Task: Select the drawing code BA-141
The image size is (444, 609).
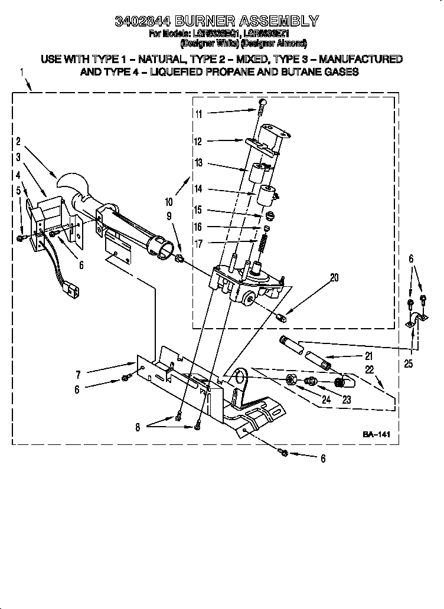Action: click(377, 434)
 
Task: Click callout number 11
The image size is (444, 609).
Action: click(198, 114)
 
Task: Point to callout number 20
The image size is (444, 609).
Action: click(334, 278)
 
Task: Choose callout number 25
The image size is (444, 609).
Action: click(409, 364)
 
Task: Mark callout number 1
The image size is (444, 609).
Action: click(22, 72)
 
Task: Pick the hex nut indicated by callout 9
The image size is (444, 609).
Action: click(179, 258)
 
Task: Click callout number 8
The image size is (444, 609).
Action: click(137, 428)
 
